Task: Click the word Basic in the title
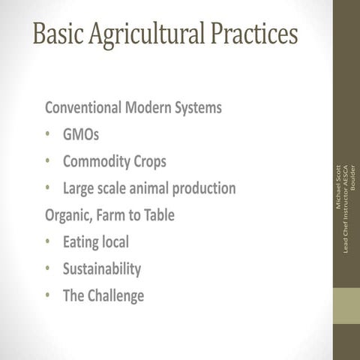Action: click(58, 33)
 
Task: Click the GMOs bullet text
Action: click(81, 135)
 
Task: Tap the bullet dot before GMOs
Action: click(47, 136)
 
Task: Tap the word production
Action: click(205, 189)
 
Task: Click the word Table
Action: click(157, 214)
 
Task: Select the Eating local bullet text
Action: click(96, 242)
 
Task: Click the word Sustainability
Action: click(102, 269)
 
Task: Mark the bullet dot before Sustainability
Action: click(47, 269)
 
